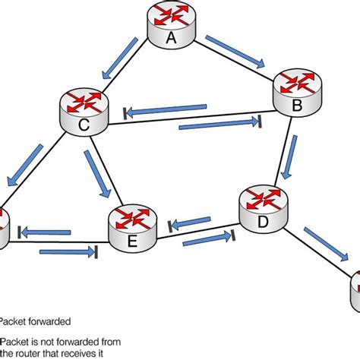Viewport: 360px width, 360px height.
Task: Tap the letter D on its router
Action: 264,223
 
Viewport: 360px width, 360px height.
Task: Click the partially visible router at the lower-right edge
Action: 355,287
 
